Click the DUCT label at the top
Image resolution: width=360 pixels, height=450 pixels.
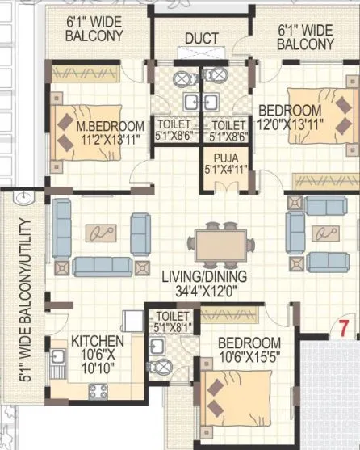pos(201,38)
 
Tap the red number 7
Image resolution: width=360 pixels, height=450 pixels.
pos(342,328)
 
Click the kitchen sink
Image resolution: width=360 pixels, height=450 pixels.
pos(58,357)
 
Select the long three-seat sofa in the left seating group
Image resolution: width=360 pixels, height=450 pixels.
pos(101,265)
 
